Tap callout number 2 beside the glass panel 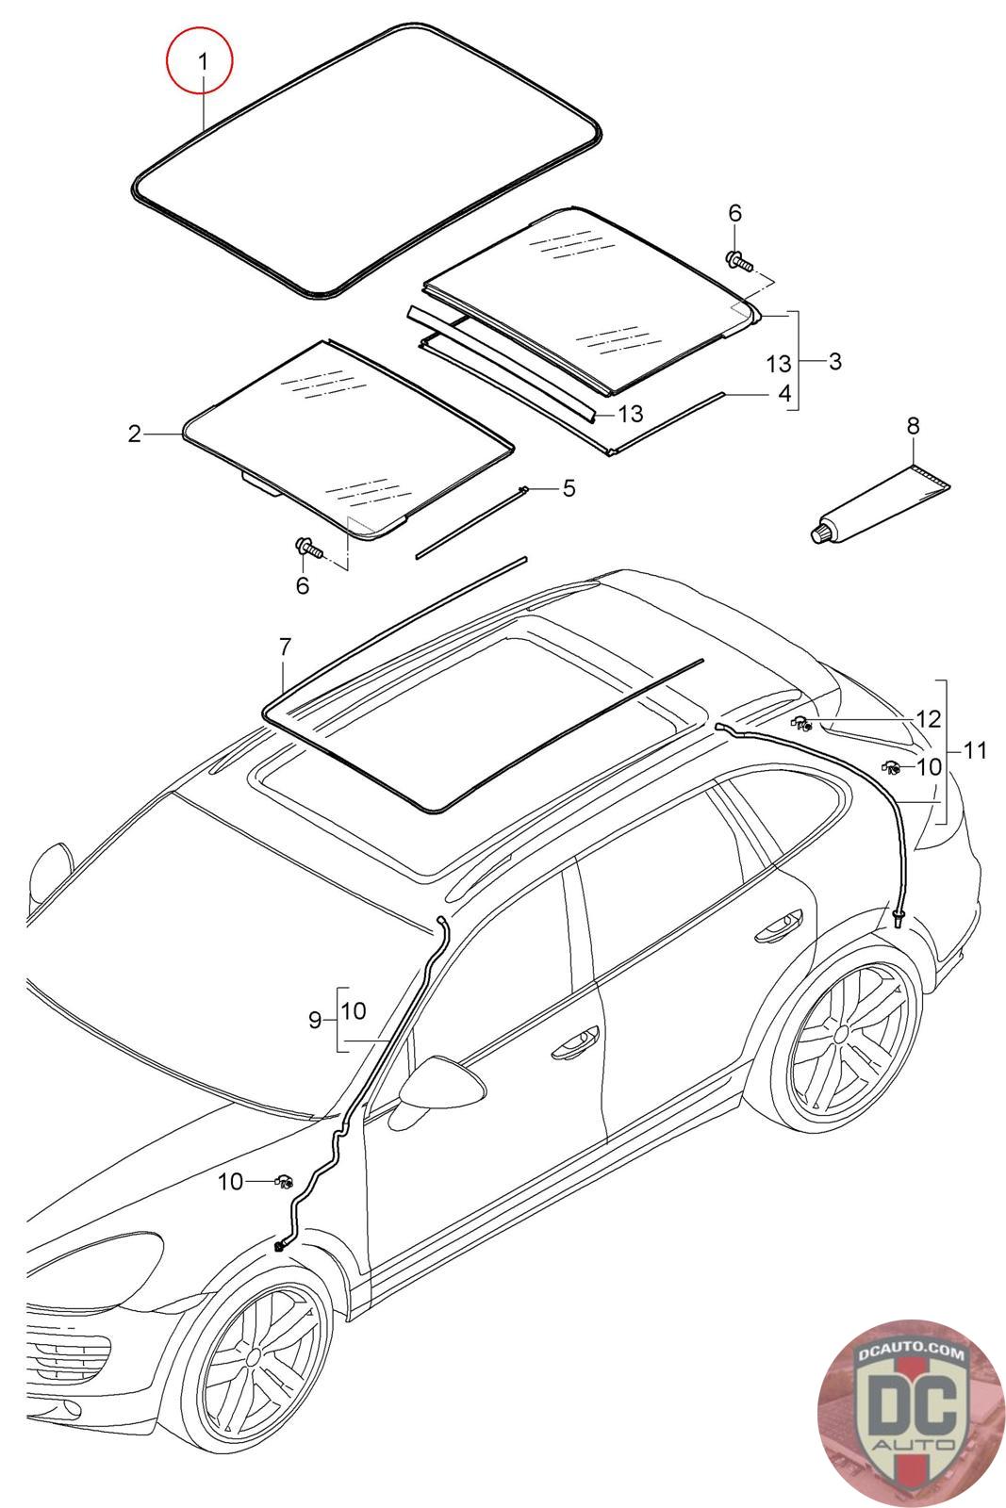135,434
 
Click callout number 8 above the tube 913,426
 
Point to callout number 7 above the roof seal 284,647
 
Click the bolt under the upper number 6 739,259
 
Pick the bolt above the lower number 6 308,548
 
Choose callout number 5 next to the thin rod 569,488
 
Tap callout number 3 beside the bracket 834,361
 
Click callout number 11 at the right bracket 975,751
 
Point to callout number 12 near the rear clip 928,720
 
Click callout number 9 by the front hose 315,1019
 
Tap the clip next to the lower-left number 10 283,1180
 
